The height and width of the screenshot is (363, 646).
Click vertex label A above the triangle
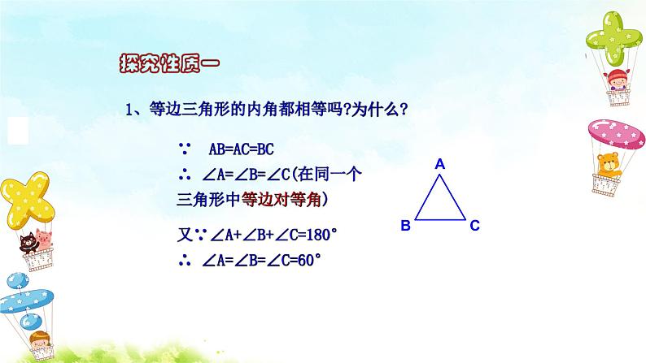(440, 164)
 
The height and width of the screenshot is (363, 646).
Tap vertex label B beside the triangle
(405, 226)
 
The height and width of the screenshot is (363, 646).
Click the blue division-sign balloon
(24, 296)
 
